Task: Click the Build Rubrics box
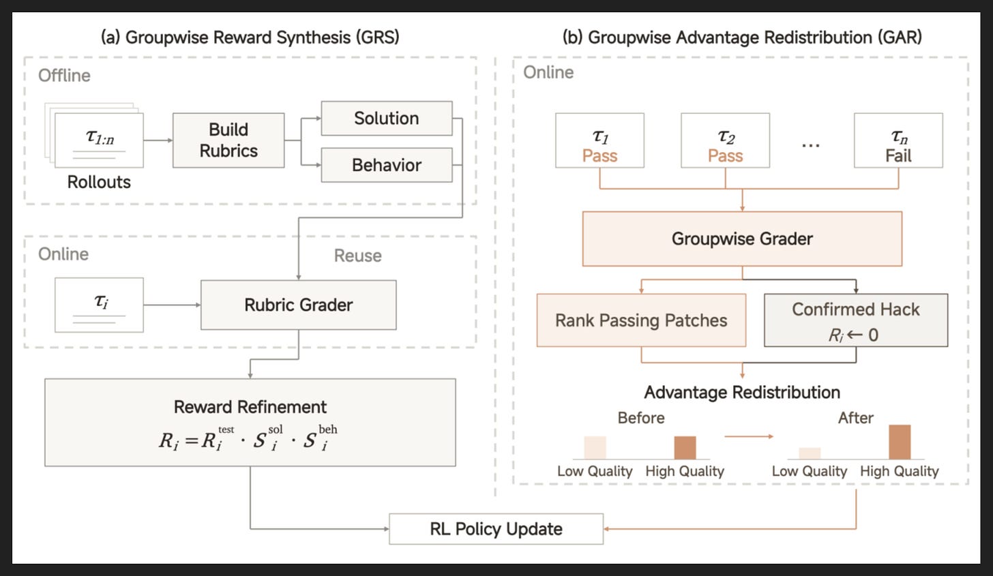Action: (x=228, y=140)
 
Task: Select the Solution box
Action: (x=387, y=119)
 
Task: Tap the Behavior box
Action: (x=387, y=165)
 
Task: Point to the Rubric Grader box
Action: (x=298, y=305)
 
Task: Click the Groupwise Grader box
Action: (x=742, y=239)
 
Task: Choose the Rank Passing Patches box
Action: (x=641, y=320)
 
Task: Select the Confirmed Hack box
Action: (x=855, y=320)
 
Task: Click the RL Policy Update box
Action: (x=496, y=528)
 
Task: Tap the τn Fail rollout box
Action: (x=898, y=140)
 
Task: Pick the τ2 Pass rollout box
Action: (x=725, y=140)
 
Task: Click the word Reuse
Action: (x=358, y=256)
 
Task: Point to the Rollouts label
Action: (x=99, y=182)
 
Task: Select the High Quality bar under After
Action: (x=900, y=442)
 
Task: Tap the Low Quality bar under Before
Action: (x=595, y=447)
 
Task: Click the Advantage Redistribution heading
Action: (x=742, y=392)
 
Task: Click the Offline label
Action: (x=64, y=76)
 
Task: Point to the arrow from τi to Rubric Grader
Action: (x=172, y=305)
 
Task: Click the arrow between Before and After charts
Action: (x=749, y=436)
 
